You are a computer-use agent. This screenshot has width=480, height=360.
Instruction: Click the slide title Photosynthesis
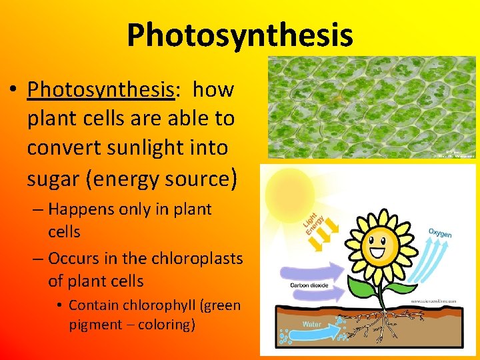(x=240, y=35)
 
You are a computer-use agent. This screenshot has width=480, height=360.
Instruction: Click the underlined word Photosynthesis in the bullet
(x=100, y=89)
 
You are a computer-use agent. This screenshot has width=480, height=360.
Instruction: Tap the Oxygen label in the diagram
(x=440, y=233)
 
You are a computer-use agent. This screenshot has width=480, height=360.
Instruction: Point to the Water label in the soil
(x=312, y=325)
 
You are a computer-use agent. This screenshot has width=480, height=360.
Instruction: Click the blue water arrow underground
(x=313, y=325)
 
